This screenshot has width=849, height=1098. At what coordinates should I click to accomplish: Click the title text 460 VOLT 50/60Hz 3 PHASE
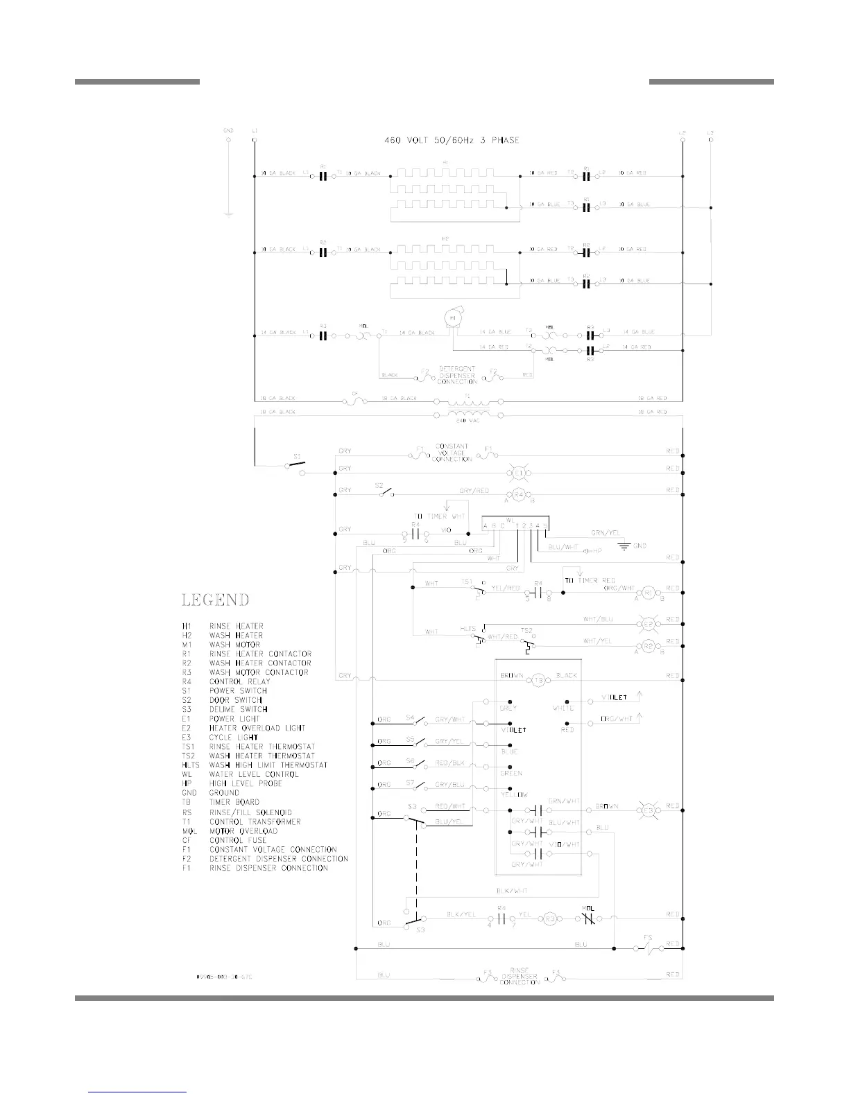pos(452,140)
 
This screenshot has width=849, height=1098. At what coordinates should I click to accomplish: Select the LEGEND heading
pos(215,600)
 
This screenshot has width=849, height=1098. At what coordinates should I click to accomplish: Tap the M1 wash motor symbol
pos(454,317)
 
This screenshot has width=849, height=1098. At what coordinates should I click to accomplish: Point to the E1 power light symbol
pos(518,473)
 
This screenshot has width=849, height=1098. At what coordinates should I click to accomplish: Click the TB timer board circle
pos(540,680)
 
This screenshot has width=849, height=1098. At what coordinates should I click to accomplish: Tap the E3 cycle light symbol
pos(649,810)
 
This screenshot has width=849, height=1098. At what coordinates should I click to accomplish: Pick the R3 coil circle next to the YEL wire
pos(550,918)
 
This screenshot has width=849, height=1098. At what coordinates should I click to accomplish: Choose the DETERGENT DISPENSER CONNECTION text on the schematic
pos(458,375)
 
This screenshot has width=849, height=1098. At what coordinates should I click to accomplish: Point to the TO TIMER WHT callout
pos(440,516)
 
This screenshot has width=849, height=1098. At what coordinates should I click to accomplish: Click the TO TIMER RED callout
pos(590,580)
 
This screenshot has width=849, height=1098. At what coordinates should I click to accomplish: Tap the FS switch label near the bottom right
pos(648,938)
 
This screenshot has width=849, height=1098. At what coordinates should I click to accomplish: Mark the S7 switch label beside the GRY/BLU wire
pos(410,783)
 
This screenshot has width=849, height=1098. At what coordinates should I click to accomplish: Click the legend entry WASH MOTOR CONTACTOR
pos(259,672)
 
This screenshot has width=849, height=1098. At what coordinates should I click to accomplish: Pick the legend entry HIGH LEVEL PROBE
pos(246,783)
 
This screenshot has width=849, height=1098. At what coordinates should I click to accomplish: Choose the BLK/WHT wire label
pos(512,891)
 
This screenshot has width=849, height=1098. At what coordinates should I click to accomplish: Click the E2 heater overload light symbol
pos(648,623)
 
